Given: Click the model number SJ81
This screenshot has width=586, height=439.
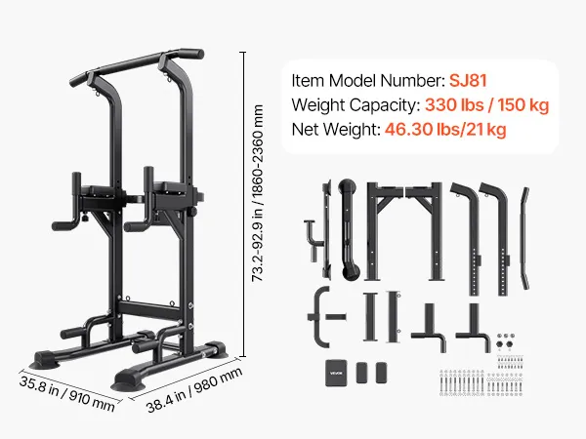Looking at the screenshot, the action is pos(468,81).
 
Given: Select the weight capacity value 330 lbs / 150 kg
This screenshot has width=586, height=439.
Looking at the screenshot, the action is pos(487,105).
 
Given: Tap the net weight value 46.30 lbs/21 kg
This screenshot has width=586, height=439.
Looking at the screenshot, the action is pos(445,130).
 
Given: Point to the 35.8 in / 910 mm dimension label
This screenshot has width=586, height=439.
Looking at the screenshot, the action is pos(66,393).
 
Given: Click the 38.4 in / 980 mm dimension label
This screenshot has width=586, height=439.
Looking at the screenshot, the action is pos(194,389).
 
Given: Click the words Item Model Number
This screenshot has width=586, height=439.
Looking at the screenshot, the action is pos(368,81).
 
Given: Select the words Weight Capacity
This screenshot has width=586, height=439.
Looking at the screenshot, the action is pos(356,105).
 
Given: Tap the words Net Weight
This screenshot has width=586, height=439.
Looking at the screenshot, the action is pos(336,130).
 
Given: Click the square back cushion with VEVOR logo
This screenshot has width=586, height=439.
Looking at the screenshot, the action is pos(336,373).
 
